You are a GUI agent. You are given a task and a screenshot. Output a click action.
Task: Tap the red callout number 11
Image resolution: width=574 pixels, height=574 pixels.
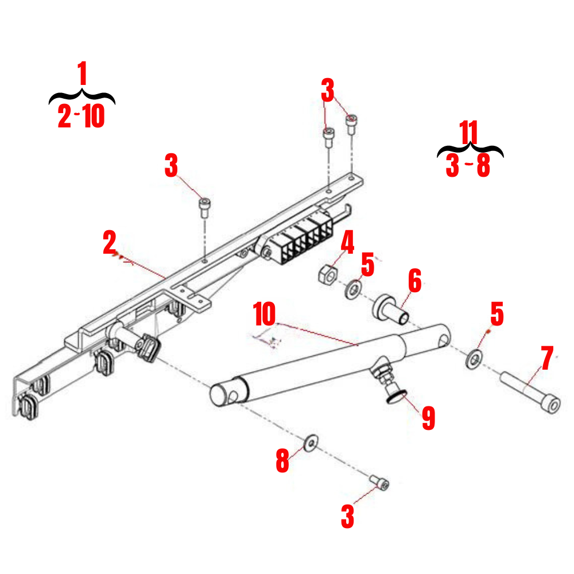(469, 134)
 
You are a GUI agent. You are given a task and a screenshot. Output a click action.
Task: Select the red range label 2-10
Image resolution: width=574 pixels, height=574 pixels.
(81, 117)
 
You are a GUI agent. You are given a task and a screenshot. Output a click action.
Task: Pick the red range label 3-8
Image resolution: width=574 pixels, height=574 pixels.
(468, 166)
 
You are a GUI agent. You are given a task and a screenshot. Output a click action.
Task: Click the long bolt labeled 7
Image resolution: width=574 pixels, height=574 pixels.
(532, 392)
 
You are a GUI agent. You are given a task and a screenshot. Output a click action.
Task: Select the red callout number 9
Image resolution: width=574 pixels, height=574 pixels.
(428, 418)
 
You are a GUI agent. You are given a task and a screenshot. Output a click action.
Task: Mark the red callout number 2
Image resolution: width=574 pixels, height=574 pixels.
(110, 242)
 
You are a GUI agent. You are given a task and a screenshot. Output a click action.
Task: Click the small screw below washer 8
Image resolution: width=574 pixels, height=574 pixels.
(379, 483)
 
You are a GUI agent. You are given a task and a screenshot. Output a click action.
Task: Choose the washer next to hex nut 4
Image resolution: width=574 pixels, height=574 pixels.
(352, 289)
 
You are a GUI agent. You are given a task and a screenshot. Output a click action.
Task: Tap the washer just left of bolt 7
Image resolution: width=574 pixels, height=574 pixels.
(474, 359)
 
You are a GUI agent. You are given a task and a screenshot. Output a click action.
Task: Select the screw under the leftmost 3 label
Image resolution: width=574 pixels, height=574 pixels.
(204, 207)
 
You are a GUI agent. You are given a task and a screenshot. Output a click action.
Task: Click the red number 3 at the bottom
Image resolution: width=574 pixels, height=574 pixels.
(347, 516)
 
